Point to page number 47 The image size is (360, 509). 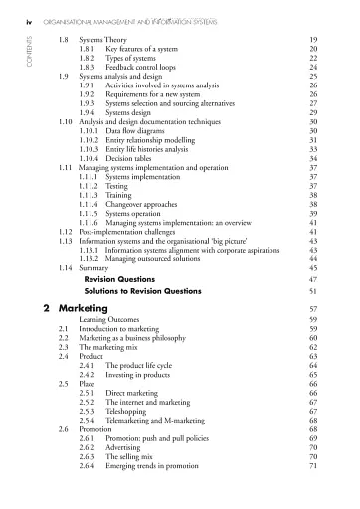click(x=312, y=281)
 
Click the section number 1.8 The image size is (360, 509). click(x=65, y=36)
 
